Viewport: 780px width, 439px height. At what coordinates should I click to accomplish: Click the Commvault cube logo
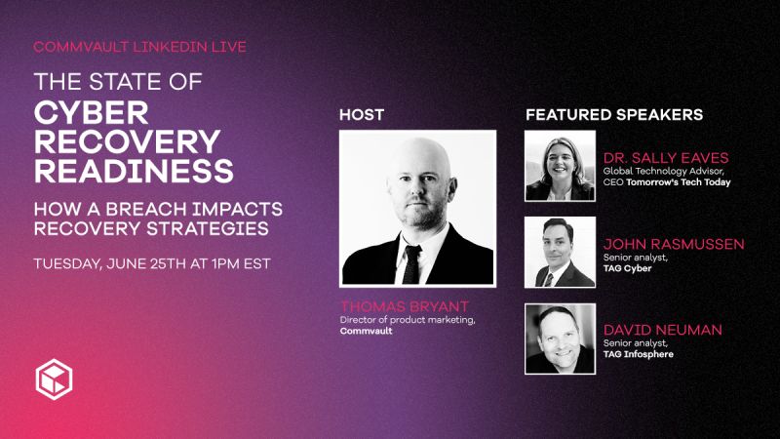pos(55,378)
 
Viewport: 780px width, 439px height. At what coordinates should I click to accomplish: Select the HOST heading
pos(362,114)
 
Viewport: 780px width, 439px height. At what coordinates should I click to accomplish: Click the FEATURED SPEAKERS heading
pos(614,114)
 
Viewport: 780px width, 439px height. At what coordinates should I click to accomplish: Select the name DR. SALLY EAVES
pos(666,158)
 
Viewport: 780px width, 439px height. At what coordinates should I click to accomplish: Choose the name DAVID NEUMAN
pos(663,330)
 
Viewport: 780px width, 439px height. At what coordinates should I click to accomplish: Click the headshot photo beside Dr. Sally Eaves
pos(560,166)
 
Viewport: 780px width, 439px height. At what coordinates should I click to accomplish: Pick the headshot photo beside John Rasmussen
pos(560,252)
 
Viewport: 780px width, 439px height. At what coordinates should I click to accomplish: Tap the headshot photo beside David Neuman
pos(560,338)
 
